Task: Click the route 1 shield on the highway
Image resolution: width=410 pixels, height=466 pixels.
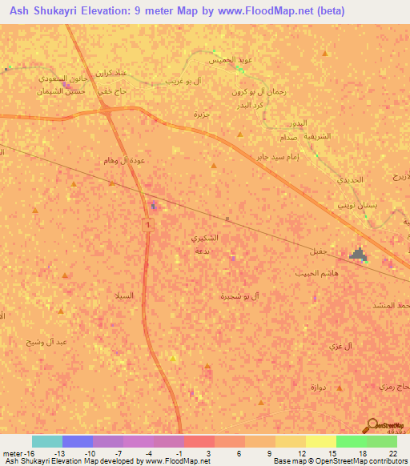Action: pyautogui.click(x=148, y=227)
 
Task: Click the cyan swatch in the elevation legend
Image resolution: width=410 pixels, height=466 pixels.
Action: pyautogui.click(x=47, y=441)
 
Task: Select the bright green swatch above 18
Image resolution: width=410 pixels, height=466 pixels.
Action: pyautogui.click(x=351, y=441)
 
